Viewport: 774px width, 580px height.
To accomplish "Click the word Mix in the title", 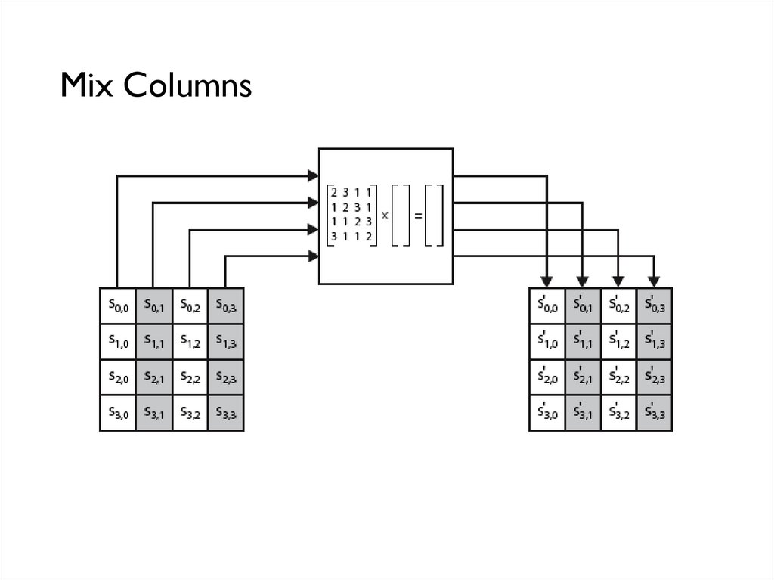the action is pyautogui.click(x=88, y=85).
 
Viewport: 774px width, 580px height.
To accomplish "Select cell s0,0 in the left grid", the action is pyautogui.click(x=118, y=306).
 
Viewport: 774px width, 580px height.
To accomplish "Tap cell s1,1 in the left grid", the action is pyautogui.click(x=154, y=342).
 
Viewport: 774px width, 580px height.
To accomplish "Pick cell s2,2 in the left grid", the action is pyautogui.click(x=190, y=378).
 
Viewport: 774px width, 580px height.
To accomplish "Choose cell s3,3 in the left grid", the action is pyautogui.click(x=226, y=414).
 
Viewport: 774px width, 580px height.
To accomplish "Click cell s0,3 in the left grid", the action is pyautogui.click(x=226, y=306).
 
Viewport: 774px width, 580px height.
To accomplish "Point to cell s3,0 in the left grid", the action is pyautogui.click(x=118, y=414).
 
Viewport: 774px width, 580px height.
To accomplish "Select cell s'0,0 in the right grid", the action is pyautogui.click(x=546, y=306).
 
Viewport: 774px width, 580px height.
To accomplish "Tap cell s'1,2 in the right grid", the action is pyautogui.click(x=619, y=342).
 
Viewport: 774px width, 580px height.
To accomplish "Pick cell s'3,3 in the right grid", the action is pyautogui.click(x=655, y=414).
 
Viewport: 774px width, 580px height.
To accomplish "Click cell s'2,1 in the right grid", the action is pyautogui.click(x=583, y=378).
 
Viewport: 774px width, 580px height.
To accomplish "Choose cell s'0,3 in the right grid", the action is pyautogui.click(x=655, y=306).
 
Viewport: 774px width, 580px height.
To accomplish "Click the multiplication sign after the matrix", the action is pyautogui.click(x=384, y=216).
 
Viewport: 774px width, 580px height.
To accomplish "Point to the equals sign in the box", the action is pyautogui.click(x=417, y=216).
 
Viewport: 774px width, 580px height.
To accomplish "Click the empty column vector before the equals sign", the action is pyautogui.click(x=401, y=216).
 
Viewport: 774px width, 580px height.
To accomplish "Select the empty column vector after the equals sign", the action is pyautogui.click(x=434, y=216).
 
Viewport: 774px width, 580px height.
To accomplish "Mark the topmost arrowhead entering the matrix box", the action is pyautogui.click(x=313, y=176).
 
